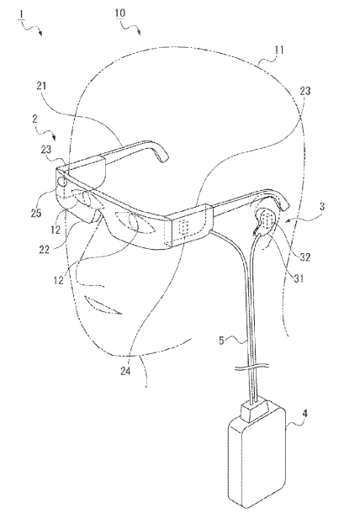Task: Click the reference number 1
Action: [x=22, y=15]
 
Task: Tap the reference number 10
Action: [x=120, y=13]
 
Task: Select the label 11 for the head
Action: [x=279, y=50]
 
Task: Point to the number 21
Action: [x=41, y=86]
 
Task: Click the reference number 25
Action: [x=35, y=213]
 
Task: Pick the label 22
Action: [x=44, y=249]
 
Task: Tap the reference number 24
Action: [x=125, y=371]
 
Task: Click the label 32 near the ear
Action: [x=305, y=257]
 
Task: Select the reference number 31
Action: [x=299, y=278]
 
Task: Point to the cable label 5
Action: [x=221, y=341]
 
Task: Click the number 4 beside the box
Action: [x=304, y=413]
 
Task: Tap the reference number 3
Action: [x=322, y=206]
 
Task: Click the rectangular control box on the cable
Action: [x=257, y=458]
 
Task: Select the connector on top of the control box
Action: [x=255, y=410]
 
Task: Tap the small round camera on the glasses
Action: [x=62, y=182]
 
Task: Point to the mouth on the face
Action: [x=103, y=305]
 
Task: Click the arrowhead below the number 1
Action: [x=40, y=34]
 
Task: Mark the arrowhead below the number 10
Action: [x=139, y=33]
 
